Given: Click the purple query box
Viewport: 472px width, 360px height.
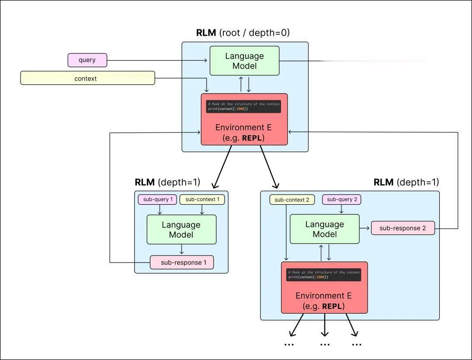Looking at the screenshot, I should coord(87,60).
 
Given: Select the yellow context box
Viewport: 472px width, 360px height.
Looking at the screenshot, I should coord(87,78).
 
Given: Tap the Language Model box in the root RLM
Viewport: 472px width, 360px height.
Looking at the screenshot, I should coord(244,61).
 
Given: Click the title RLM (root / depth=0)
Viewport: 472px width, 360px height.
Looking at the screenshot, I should coord(243,33).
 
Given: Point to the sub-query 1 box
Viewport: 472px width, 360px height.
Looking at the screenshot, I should coord(158,199).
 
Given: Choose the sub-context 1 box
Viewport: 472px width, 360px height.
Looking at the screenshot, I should coord(202,199).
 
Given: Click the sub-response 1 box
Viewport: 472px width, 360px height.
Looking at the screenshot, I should coord(182,262).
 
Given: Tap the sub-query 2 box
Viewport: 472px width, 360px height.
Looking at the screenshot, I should coord(342,199).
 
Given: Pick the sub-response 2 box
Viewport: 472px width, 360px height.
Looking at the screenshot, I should coord(403,228).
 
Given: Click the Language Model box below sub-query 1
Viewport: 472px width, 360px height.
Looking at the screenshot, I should coord(181,230).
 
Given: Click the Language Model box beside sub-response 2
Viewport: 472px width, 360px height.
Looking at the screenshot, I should coord(325,229).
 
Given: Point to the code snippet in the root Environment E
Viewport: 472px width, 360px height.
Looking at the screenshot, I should coord(243,106).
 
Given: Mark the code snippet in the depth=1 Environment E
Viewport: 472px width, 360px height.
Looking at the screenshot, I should coord(324,275).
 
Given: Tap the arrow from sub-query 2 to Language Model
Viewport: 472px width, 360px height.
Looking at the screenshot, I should coord(341,210).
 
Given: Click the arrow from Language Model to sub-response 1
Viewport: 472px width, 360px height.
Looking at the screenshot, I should coord(182,250).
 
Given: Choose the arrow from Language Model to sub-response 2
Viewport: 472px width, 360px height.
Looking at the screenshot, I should coord(365,228).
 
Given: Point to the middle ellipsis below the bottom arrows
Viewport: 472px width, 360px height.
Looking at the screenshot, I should coord(325,345).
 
